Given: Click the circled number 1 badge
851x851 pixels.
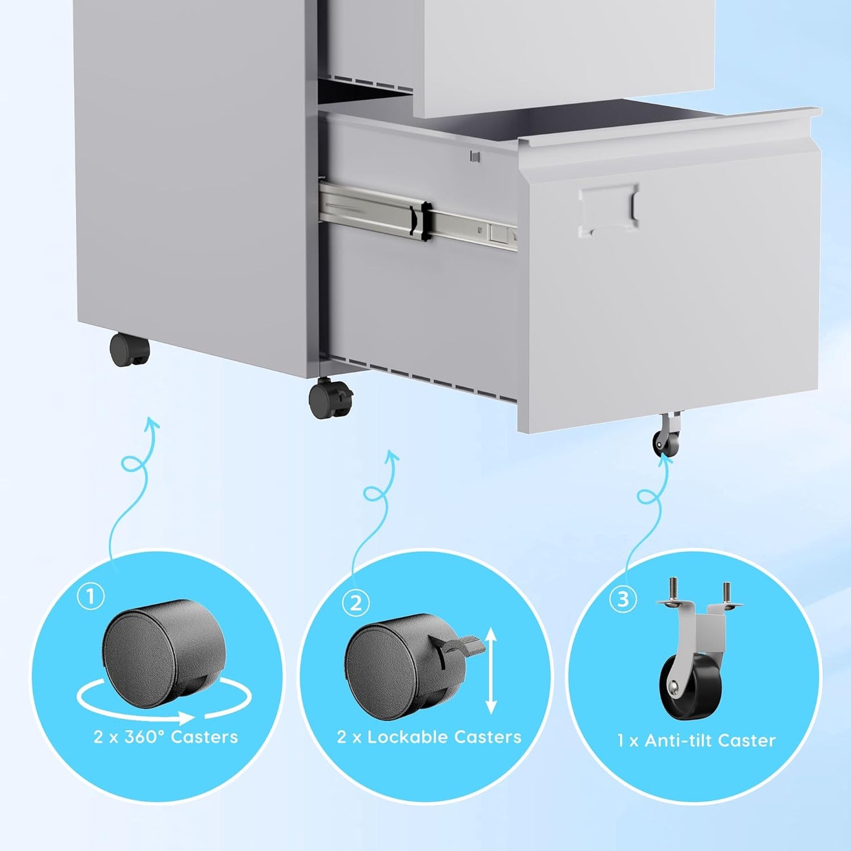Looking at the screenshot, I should click(x=91, y=597).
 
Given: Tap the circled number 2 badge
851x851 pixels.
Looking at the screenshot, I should click(x=356, y=603).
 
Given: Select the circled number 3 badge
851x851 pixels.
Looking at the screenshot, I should click(x=622, y=600).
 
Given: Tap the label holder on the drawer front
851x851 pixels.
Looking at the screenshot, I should click(x=608, y=210).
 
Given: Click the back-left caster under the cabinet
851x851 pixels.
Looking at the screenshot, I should click(x=130, y=350).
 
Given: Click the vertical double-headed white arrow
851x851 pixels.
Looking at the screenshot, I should click(x=492, y=671).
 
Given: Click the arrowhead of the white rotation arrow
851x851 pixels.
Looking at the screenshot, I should click(x=186, y=717).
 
